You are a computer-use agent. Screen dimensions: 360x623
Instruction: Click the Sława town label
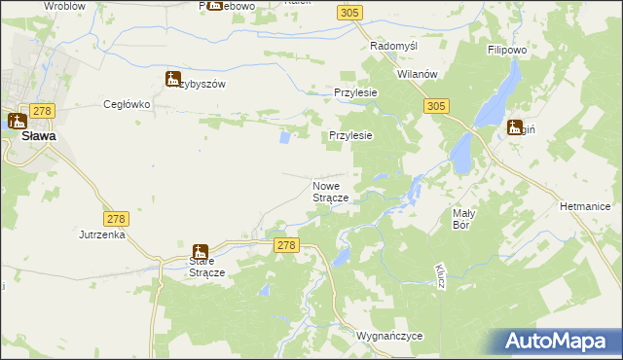coord(39,137)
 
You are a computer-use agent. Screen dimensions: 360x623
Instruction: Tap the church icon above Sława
coord(18,122)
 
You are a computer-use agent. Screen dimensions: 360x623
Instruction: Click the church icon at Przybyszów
coord(173,80)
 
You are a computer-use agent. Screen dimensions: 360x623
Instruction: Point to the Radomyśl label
coord(393,47)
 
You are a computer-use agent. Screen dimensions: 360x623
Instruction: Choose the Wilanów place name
coord(419,74)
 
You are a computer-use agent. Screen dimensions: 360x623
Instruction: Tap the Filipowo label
coord(506,47)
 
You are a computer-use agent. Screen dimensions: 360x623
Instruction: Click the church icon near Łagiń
coord(514,126)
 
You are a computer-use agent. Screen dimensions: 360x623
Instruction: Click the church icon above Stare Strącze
coord(200,252)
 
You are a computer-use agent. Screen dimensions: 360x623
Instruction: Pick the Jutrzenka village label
coord(103,234)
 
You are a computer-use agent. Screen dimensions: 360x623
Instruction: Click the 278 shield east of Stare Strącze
coord(285,247)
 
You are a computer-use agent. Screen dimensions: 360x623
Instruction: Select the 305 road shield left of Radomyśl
coord(351,12)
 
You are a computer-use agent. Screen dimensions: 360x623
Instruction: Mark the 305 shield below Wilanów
coord(436,105)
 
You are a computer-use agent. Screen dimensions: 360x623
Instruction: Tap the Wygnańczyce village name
coord(389,336)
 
